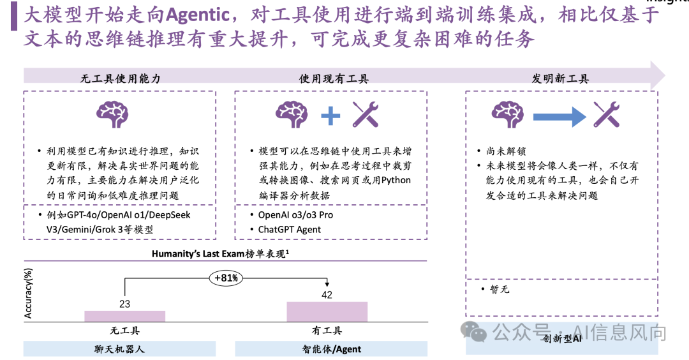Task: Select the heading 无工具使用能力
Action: pos(120,79)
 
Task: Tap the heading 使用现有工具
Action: pos(334,79)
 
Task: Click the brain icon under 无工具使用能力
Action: pos(120,114)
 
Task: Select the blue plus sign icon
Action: pos(330,116)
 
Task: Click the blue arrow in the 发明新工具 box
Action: pos(559,116)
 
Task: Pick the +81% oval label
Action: pos(225,278)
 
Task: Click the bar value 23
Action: pos(124,304)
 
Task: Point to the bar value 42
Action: pos(327,295)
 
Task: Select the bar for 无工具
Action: pos(124,316)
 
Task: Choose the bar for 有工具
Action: pos(327,311)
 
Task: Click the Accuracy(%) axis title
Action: pos(28,293)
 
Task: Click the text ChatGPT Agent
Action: pos(289,230)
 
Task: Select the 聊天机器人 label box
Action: pos(120,349)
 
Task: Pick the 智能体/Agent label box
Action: pos(331,349)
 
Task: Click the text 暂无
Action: pos(499,289)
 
